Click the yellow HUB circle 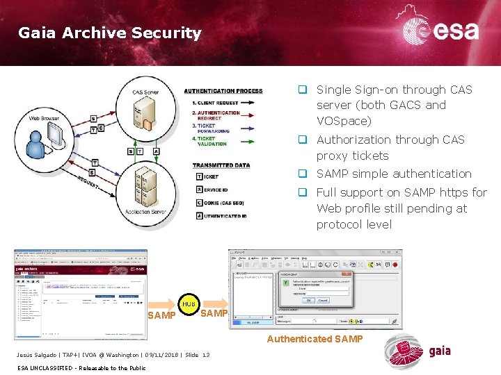click(x=189, y=304)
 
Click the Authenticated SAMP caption click(x=315, y=339)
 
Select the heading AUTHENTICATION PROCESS click(x=223, y=91)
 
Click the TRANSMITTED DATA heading click(x=221, y=165)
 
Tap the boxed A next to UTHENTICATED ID click(x=199, y=215)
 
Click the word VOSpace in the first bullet click(x=344, y=121)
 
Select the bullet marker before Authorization click(x=303, y=139)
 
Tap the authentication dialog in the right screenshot click(x=315, y=289)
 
